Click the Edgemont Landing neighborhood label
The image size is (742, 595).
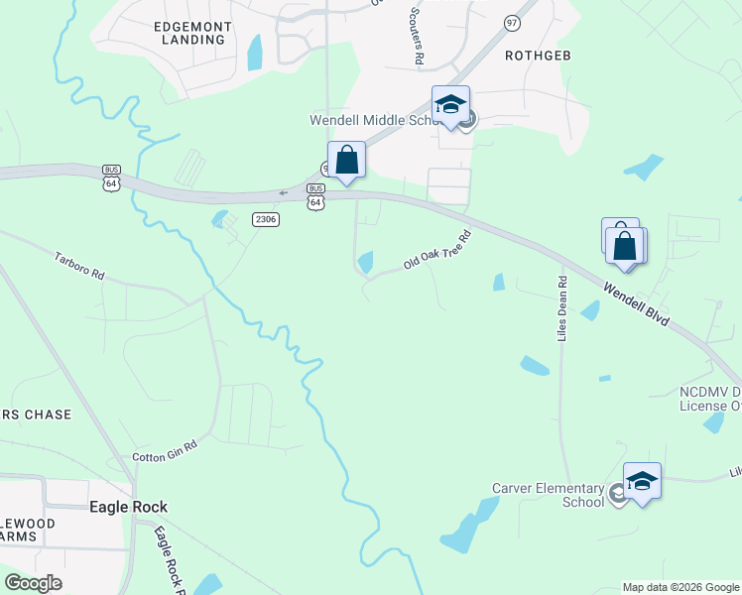tap(192, 33)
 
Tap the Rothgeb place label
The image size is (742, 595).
tap(539, 55)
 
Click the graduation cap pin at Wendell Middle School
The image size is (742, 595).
tap(450, 104)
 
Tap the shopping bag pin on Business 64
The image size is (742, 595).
tap(346, 160)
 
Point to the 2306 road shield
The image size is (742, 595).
tap(265, 219)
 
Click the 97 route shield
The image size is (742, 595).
tap(512, 22)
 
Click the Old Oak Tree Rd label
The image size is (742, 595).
tap(436, 250)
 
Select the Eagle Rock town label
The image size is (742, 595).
tap(127, 507)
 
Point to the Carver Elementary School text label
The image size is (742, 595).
tap(549, 495)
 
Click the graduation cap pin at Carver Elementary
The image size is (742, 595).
tap(642, 481)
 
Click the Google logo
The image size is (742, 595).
tap(33, 583)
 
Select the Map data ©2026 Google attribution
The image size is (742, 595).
tap(680, 587)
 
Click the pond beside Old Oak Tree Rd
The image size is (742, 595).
tap(366, 262)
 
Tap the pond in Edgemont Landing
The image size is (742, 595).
tap(255, 53)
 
